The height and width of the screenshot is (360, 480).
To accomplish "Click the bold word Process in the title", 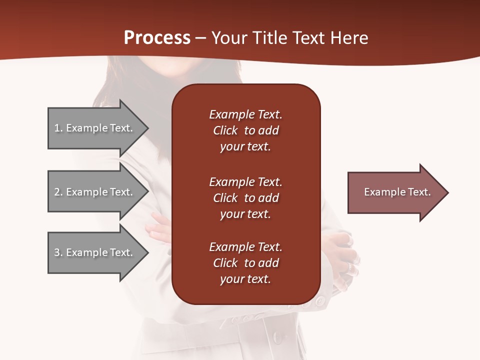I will (x=157, y=38).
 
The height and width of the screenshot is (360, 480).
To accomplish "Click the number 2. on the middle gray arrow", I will (x=58, y=192).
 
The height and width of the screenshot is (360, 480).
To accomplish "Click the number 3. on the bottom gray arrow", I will (x=58, y=252).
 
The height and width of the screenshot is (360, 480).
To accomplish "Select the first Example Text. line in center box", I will (x=245, y=114).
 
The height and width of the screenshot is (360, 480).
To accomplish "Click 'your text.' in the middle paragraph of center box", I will (x=245, y=214).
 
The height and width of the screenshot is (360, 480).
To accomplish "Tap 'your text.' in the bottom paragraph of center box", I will (x=245, y=279).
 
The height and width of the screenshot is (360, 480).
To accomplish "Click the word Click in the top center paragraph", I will (x=225, y=131).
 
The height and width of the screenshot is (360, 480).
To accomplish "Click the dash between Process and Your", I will (x=201, y=38).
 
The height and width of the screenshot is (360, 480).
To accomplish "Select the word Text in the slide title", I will (x=308, y=38).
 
